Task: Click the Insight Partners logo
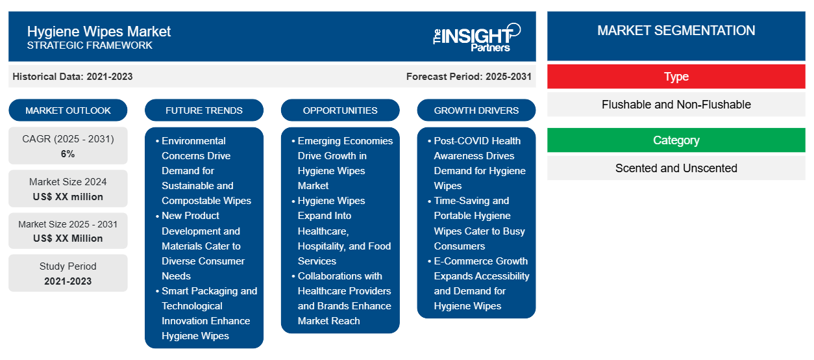(476, 38)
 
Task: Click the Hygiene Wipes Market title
(99, 32)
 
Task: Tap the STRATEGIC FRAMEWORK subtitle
(90, 45)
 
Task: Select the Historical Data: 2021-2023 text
(73, 77)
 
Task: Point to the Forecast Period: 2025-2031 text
(469, 77)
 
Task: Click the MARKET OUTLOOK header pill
(68, 110)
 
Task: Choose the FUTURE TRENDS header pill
(204, 110)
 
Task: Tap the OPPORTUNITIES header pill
(340, 110)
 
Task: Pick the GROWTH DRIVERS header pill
(476, 110)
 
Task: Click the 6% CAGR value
(68, 154)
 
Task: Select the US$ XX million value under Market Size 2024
(68, 197)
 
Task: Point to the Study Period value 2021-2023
(68, 281)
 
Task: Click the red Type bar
(676, 77)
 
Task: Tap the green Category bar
(676, 140)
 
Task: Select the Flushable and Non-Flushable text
(676, 105)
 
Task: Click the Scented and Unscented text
(676, 168)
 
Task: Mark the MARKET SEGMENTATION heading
(676, 31)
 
